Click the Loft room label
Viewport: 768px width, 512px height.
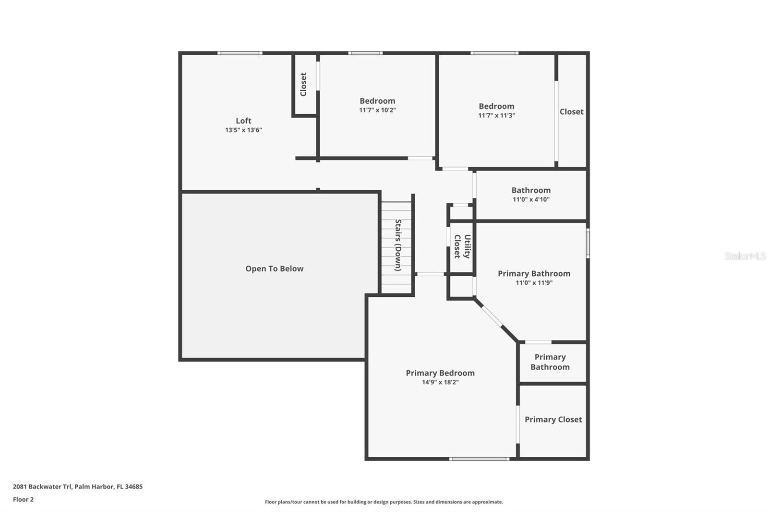pyautogui.click(x=243, y=121)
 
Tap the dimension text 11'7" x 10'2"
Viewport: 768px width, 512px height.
pyautogui.click(x=377, y=110)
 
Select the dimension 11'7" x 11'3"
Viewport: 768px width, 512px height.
pyautogui.click(x=496, y=116)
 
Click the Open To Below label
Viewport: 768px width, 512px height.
pyautogui.click(x=274, y=268)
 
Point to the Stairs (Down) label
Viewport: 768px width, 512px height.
pyautogui.click(x=398, y=245)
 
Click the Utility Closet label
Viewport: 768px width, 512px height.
pyautogui.click(x=462, y=246)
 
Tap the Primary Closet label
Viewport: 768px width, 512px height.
pyautogui.click(x=553, y=420)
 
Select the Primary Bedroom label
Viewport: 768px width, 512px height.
pyautogui.click(x=440, y=373)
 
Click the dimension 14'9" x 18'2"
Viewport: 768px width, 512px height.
pyautogui.click(x=440, y=382)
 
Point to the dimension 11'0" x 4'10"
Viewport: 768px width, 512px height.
pyautogui.click(x=531, y=199)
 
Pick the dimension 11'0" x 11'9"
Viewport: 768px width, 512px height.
pyautogui.click(x=534, y=283)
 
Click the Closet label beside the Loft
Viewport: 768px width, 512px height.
pyautogui.click(x=303, y=85)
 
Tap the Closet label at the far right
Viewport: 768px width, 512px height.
pyautogui.click(x=572, y=112)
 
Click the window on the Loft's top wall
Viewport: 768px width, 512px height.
pyautogui.click(x=240, y=53)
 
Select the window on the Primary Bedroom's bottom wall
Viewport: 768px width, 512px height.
pyautogui.click(x=479, y=459)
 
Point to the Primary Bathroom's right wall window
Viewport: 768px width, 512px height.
pyautogui.click(x=588, y=244)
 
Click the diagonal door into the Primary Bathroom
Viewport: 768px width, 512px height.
pyautogui.click(x=492, y=316)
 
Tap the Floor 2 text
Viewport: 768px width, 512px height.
pyautogui.click(x=24, y=500)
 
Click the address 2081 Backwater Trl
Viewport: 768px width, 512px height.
pyautogui.click(x=42, y=487)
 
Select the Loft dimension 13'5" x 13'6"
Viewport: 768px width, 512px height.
pyautogui.click(x=243, y=130)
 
